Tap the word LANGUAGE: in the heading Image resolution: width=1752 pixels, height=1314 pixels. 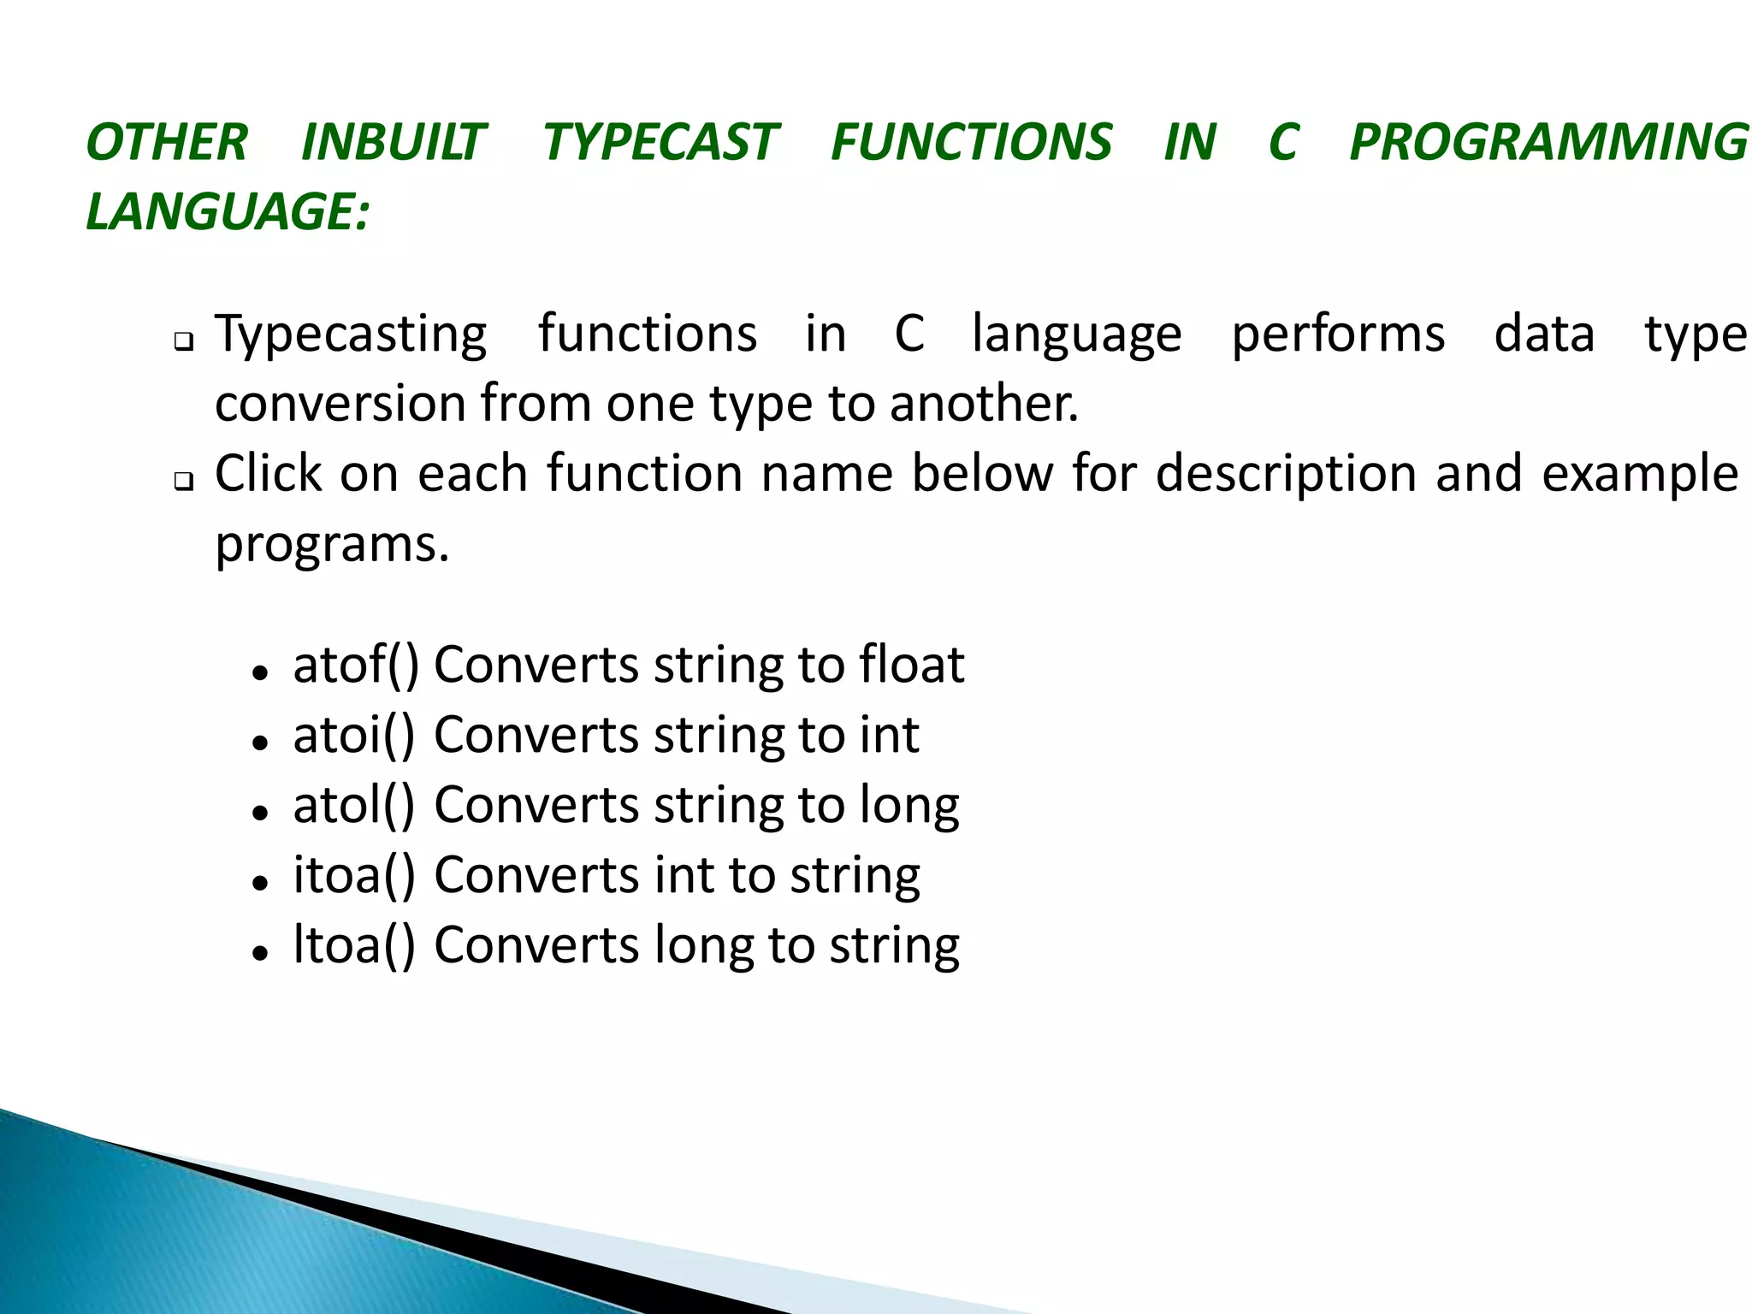tap(228, 211)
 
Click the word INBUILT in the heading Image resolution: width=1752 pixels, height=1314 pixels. tap(394, 142)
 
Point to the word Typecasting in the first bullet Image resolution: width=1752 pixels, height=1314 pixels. tap(351, 335)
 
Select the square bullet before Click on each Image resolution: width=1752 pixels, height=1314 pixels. tap(183, 482)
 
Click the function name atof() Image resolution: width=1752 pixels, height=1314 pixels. tap(356, 666)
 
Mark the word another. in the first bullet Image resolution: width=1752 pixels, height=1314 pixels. tap(984, 404)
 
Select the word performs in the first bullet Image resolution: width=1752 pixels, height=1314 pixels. tap(1338, 335)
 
